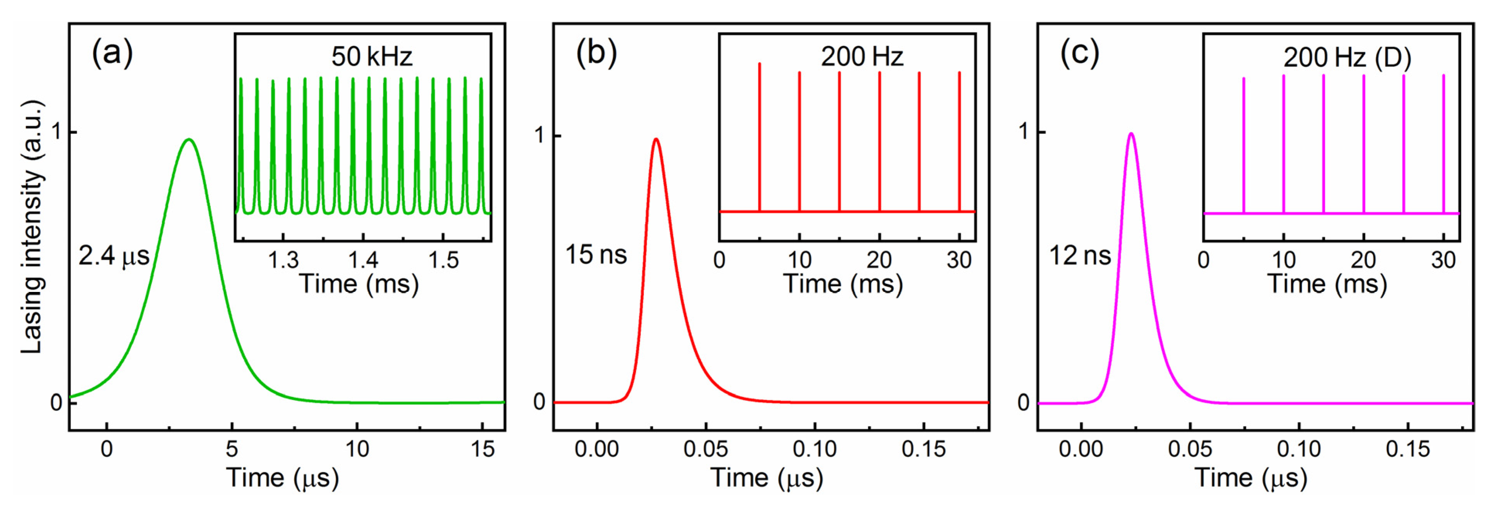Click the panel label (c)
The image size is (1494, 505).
[x=1079, y=54]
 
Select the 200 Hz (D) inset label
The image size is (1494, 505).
[x=1347, y=57]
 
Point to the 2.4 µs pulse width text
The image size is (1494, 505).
[x=114, y=256]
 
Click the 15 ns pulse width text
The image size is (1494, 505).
[x=596, y=254]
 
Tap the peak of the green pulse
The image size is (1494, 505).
[x=188, y=139]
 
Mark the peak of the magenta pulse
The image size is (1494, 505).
[x=1130, y=133]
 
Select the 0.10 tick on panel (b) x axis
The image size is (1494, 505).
[x=814, y=448]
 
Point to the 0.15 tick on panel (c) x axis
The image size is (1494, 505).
[x=1408, y=448]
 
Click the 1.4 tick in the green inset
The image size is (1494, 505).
[x=363, y=260]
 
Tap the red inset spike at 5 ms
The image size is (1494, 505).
[x=759, y=139]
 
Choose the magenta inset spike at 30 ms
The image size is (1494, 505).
[x=1443, y=145]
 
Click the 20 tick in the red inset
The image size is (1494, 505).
[x=879, y=260]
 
